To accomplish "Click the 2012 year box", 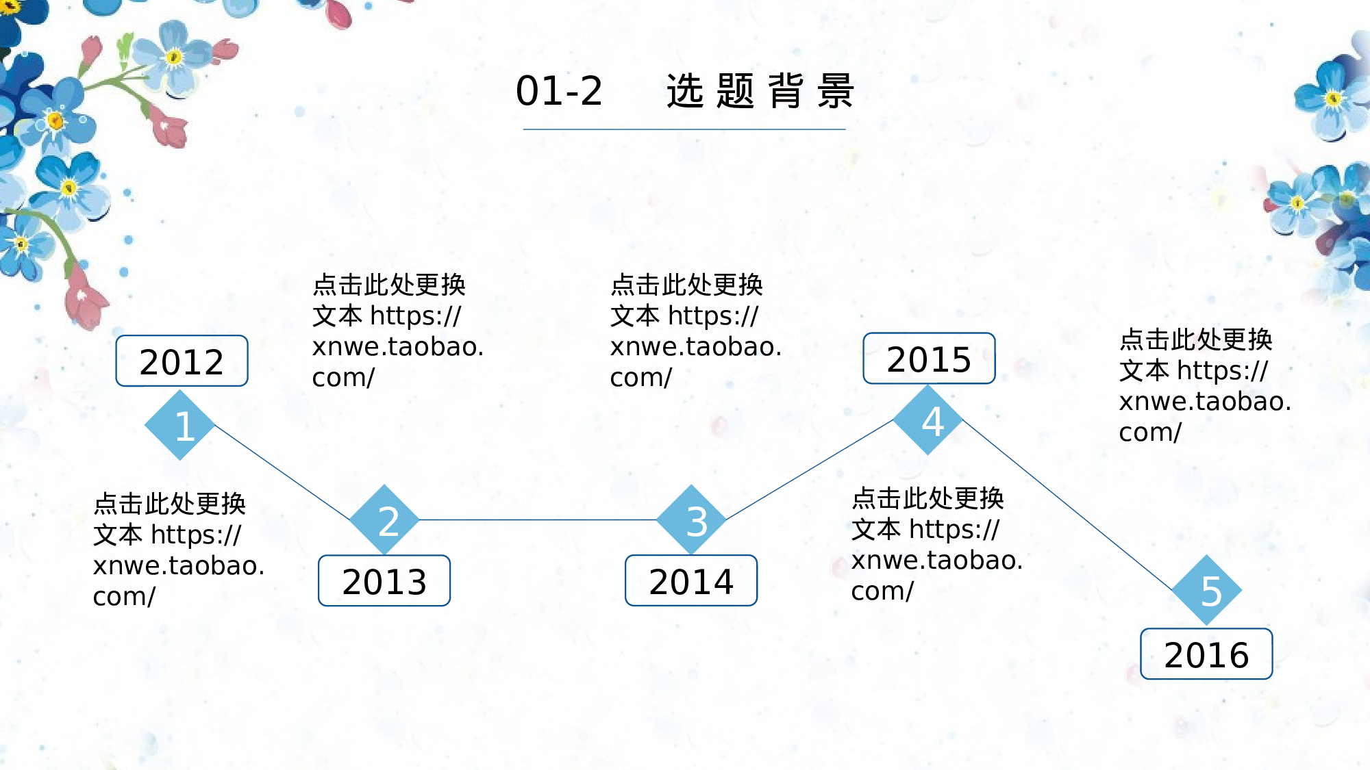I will tap(182, 361).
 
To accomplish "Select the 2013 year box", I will tap(384, 581).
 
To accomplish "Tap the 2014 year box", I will tap(691, 581).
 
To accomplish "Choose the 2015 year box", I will tap(929, 359).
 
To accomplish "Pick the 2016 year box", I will tap(1206, 654).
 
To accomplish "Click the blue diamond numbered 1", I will tap(180, 425).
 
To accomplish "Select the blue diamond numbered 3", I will tap(691, 520).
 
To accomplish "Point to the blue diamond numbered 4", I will tap(929, 420).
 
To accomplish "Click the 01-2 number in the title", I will tap(559, 91).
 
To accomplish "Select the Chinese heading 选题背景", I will tap(760, 91).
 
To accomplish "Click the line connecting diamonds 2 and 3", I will tap(538, 520).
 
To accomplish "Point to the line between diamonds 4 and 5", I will tap(1067, 505).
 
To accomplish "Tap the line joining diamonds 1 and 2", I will tap(282, 473).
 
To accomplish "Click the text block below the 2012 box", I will tap(178, 550).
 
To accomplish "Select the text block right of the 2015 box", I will tap(1204, 385).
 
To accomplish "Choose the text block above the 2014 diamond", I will tap(695, 331).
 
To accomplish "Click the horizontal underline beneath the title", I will tap(684, 129).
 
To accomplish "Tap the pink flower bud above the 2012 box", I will tap(86, 299).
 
